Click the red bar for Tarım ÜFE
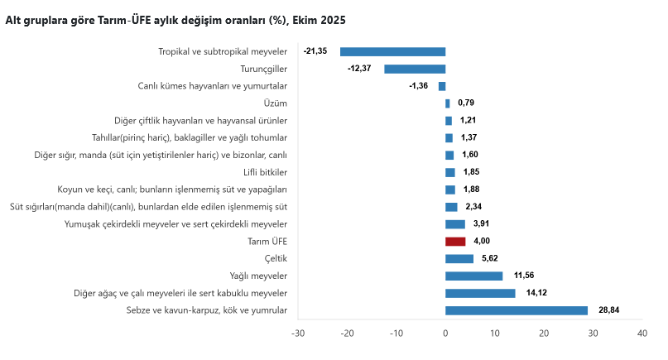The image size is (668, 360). click(x=455, y=242)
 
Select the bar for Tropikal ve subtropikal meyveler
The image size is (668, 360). click(x=393, y=51)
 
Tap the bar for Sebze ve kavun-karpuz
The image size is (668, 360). click(x=517, y=310)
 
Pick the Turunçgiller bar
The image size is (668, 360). click(x=415, y=69)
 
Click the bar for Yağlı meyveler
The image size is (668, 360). click(x=473, y=276)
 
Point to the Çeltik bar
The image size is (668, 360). click(x=459, y=258)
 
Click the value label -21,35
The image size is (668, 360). click(x=315, y=51)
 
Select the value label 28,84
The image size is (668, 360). click(x=609, y=310)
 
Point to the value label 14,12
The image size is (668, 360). click(x=537, y=293)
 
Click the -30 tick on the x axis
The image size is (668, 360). click(x=298, y=334)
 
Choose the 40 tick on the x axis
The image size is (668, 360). click(x=642, y=334)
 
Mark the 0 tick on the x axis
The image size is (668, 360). click(x=445, y=334)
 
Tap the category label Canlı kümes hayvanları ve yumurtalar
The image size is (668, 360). click(x=212, y=86)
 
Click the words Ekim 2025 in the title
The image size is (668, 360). click(x=319, y=20)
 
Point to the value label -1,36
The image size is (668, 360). click(x=419, y=86)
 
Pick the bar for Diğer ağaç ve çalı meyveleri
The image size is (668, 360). click(x=480, y=293)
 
